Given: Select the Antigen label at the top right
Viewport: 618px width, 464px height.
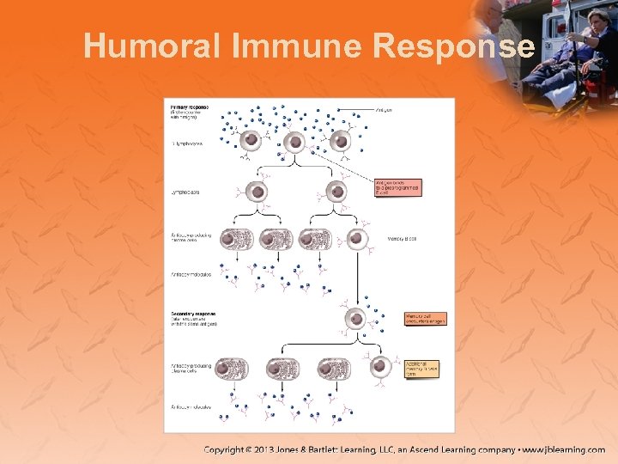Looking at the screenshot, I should coord(385,110).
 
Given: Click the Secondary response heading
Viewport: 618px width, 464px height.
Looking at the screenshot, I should coord(193,314).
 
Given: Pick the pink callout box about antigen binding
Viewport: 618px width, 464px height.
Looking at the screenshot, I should coord(397,187).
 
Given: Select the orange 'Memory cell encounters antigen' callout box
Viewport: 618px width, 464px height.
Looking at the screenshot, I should coord(425,319).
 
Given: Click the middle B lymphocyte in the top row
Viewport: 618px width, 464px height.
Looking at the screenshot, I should coord(295,142).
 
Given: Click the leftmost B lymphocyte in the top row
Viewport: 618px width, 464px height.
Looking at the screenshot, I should coord(251,140).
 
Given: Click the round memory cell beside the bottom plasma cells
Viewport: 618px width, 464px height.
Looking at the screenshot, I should coord(379,368).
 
